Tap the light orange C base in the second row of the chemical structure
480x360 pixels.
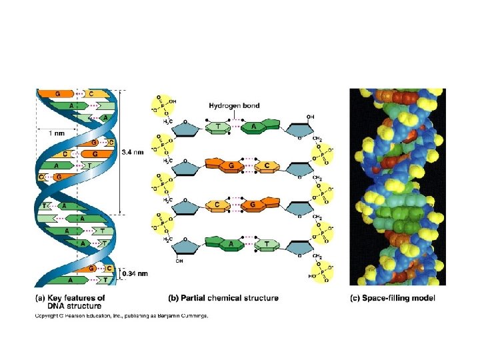pyautogui.click(x=267, y=165)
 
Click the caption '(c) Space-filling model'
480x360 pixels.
pyautogui.click(x=393, y=297)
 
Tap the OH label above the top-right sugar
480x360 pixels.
pyautogui.click(x=311, y=117)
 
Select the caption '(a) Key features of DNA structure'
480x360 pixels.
pyautogui.click(x=70, y=301)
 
